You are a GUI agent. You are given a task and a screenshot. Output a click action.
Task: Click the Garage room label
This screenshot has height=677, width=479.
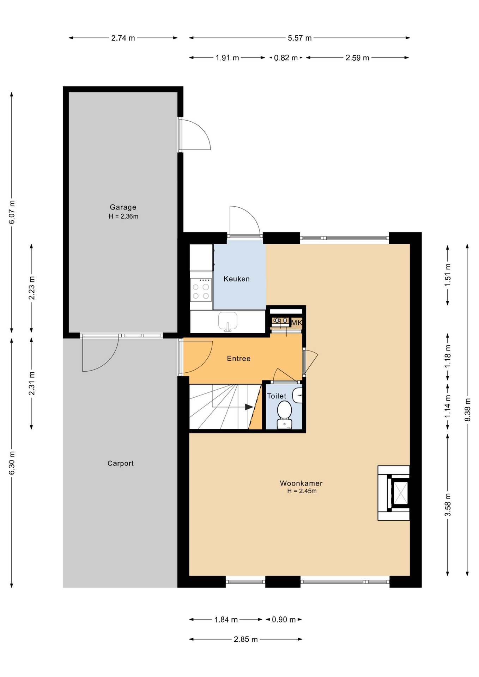pyautogui.click(x=123, y=207)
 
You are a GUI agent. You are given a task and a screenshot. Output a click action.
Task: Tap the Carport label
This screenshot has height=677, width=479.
pyautogui.click(x=121, y=463)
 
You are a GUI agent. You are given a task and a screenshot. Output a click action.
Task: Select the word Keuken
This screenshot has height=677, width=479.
pyautogui.click(x=237, y=279)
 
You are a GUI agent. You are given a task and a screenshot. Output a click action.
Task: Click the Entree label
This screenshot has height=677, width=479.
pyautogui.click(x=239, y=359)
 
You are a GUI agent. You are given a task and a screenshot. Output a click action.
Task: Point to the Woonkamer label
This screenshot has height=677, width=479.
pyautogui.click(x=301, y=483)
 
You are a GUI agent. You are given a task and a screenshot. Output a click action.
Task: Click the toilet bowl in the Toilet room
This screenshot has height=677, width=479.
pyautogui.click(x=284, y=415)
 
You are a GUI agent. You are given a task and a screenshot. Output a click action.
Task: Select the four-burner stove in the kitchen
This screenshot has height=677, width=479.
pyautogui.click(x=201, y=290)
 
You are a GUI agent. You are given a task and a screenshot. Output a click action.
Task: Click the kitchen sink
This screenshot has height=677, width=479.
pyautogui.click(x=228, y=321)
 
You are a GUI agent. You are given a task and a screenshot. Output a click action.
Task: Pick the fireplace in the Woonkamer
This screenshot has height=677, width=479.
pyautogui.click(x=394, y=493)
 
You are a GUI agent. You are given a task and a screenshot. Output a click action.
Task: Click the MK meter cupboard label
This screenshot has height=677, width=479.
pyautogui.click(x=297, y=323)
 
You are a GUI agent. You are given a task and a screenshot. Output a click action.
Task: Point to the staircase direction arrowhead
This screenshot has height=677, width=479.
pyautogui.click(x=249, y=407)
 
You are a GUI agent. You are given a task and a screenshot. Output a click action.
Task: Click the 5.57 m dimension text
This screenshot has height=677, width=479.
pyautogui.click(x=300, y=38)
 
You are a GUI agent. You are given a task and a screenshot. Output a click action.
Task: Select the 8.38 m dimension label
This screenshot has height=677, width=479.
pyautogui.click(x=467, y=409)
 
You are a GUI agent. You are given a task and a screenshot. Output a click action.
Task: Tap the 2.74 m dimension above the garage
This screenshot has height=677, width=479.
pyautogui.click(x=123, y=38)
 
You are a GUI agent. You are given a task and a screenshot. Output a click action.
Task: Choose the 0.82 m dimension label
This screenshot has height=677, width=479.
pyautogui.click(x=286, y=58)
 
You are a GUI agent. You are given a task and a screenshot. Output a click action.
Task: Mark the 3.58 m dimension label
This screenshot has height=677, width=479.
pyautogui.click(x=448, y=505)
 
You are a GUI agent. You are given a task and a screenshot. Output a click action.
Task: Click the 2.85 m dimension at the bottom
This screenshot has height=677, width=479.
pyautogui.click(x=246, y=639)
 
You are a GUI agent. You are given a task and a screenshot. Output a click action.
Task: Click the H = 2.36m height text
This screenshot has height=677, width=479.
pyautogui.click(x=123, y=216)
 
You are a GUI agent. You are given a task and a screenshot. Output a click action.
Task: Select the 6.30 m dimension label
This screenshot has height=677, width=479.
pyautogui.click(x=12, y=463)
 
